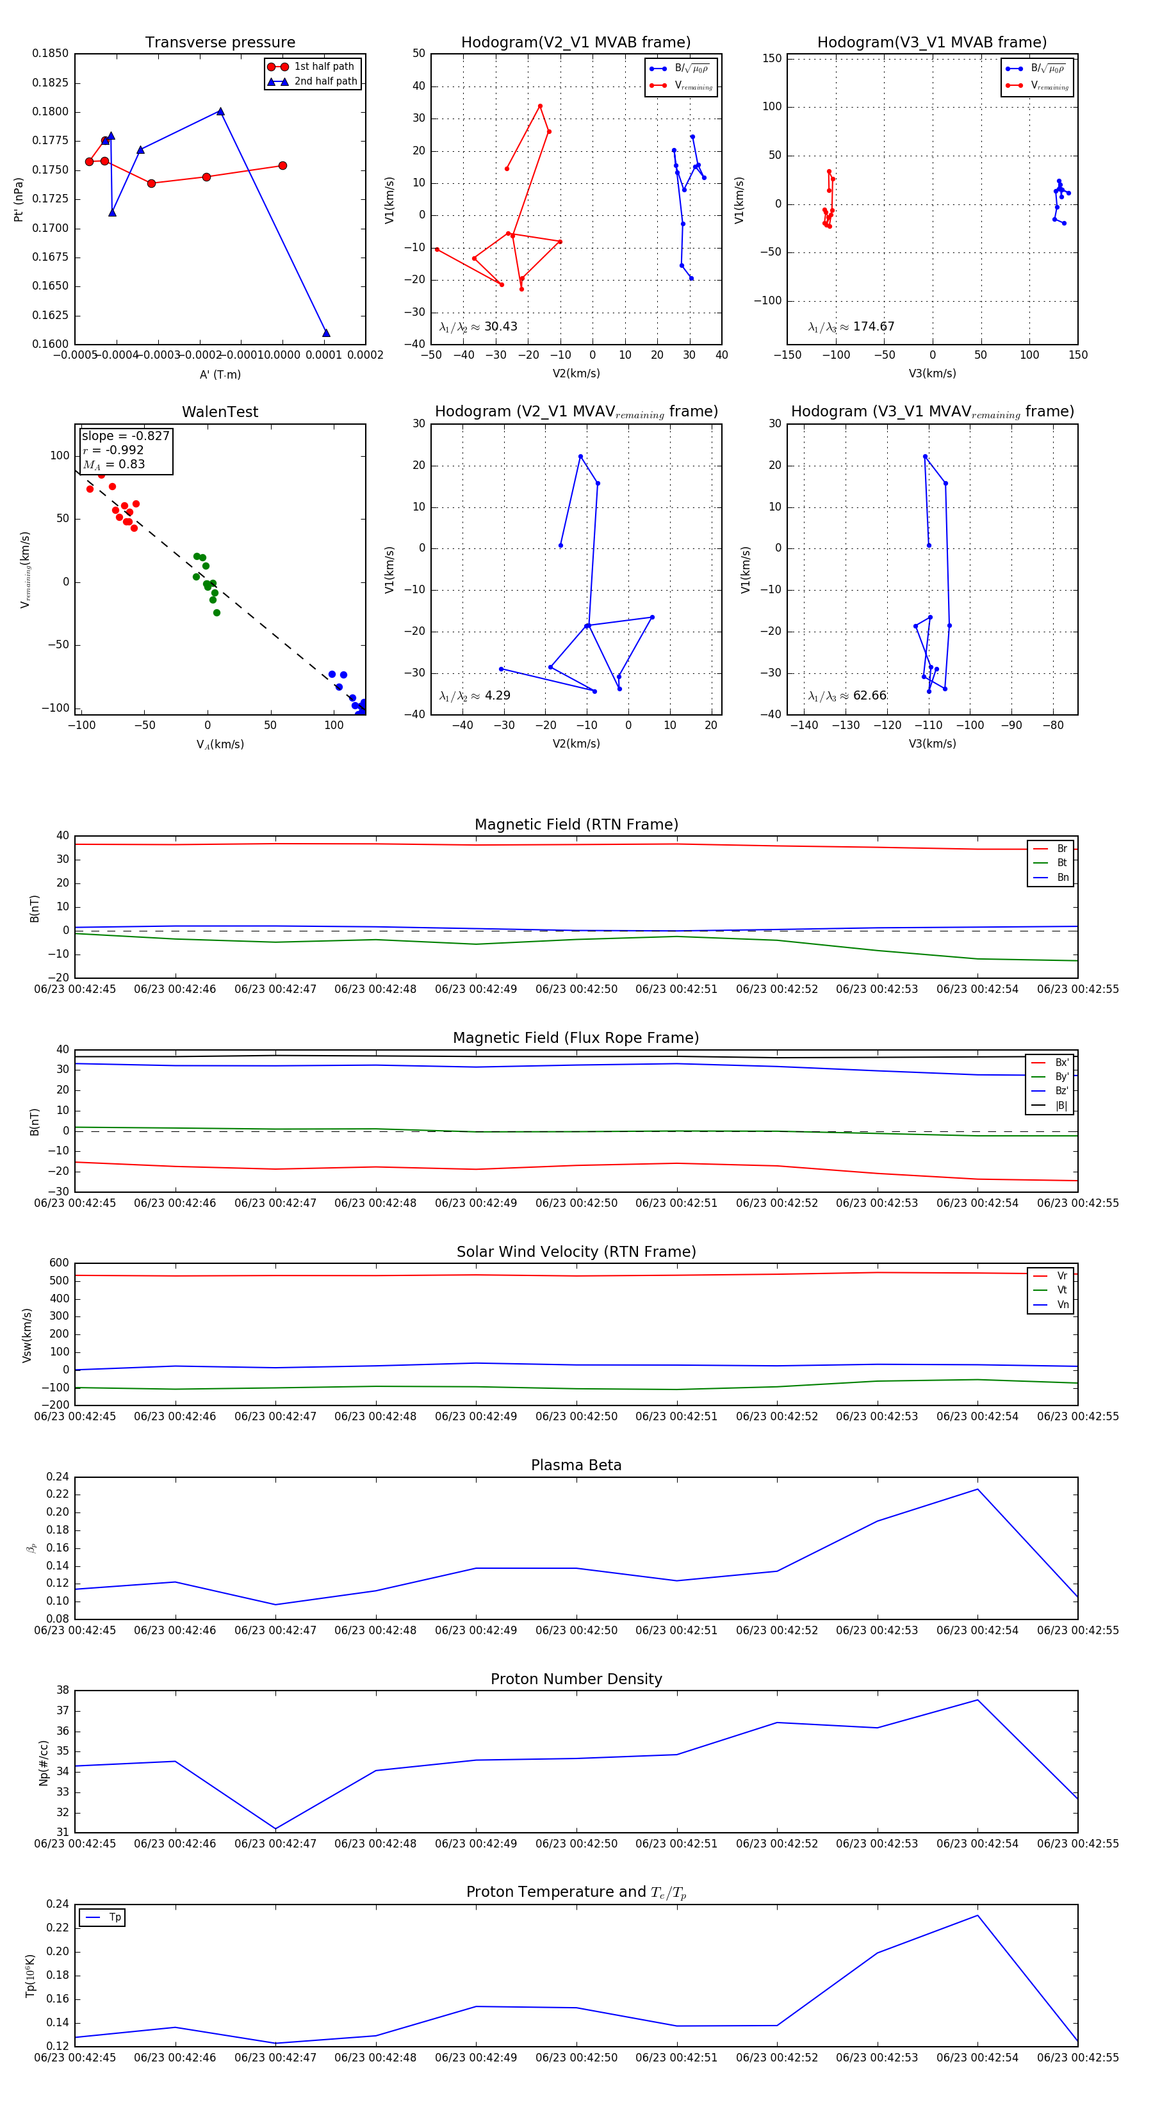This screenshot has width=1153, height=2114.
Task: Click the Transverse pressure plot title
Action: pyautogui.click(x=220, y=43)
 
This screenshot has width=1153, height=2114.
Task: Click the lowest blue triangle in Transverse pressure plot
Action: pyautogui.click(x=326, y=333)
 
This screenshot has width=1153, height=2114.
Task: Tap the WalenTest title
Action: pyautogui.click(x=220, y=412)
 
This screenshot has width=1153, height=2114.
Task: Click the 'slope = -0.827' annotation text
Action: pyautogui.click(x=126, y=436)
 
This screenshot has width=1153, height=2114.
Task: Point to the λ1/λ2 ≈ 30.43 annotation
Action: pyautogui.click(x=478, y=327)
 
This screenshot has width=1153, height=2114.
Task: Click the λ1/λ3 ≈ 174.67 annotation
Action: pyautogui.click(x=851, y=327)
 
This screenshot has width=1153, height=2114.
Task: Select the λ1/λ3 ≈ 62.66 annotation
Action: pyautogui.click(x=847, y=696)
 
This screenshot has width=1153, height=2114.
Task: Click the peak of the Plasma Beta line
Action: pyautogui.click(x=977, y=1489)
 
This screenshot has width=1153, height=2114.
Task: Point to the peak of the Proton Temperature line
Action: pyautogui.click(x=977, y=1915)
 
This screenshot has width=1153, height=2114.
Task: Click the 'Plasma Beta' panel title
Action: pyautogui.click(x=576, y=1465)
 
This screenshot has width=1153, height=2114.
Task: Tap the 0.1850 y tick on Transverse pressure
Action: pyautogui.click(x=50, y=53)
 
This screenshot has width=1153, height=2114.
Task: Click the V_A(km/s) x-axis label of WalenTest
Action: pyautogui.click(x=220, y=744)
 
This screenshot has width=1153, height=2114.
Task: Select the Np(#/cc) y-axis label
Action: pyautogui.click(x=44, y=1763)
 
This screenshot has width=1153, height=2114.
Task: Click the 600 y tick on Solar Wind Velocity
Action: pyautogui.click(x=59, y=1263)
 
